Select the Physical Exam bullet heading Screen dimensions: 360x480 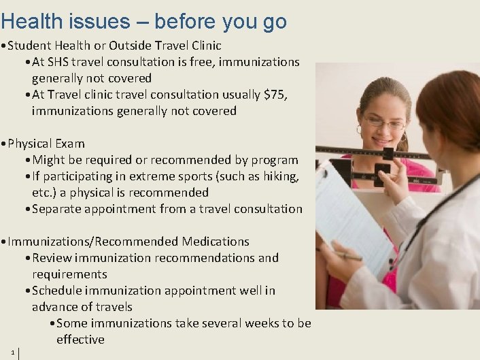tap(46, 144)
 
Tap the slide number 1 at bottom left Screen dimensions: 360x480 tap(13, 351)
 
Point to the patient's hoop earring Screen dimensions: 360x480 tap(358, 129)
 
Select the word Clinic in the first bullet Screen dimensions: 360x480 tap(203, 46)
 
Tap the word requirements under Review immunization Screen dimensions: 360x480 tap(69, 274)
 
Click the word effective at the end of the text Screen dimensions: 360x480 tap(80, 340)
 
